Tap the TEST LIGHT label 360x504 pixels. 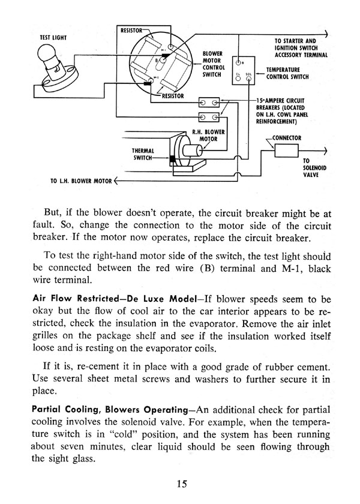point(53,38)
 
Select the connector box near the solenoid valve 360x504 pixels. point(286,151)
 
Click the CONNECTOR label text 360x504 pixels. point(287,138)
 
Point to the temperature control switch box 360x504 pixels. point(244,71)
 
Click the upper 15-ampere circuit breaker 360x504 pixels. point(209,103)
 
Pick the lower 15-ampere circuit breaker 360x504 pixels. point(209,117)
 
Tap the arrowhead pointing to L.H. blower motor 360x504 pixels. point(116,181)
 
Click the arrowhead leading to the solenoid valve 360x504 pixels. point(325,151)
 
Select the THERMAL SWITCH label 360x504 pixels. point(143,154)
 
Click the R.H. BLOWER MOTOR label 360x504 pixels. point(208,136)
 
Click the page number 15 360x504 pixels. point(182,484)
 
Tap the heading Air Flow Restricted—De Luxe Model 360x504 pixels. point(115,299)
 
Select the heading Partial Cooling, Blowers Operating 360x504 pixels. point(110,410)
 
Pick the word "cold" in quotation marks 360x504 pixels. point(124,434)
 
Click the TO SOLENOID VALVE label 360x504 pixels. point(314,168)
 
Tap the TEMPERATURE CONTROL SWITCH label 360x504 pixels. point(287,73)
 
